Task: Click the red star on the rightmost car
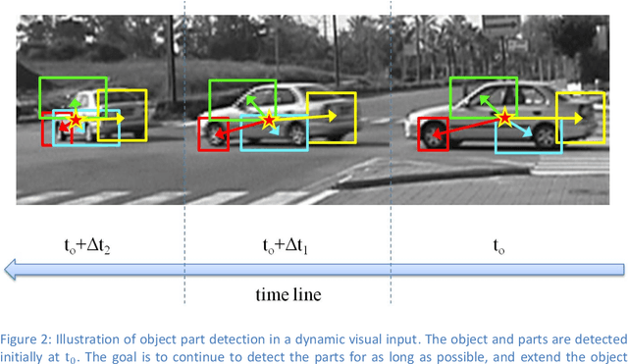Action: [504, 118]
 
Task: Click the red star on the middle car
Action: [269, 120]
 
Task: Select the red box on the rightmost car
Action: [433, 132]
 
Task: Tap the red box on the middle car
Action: [212, 133]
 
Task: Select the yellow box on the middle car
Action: [331, 118]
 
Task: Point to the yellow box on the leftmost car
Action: [122, 114]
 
